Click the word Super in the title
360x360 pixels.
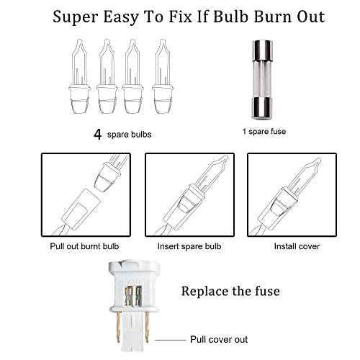coord(76,17)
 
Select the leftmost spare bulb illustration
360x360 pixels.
coord(79,76)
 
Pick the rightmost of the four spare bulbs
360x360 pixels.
coord(163,76)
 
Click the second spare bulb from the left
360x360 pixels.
coord(107,76)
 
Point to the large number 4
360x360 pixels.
coord(97,135)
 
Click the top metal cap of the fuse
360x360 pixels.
coord(262,50)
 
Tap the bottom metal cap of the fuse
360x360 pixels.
coord(262,109)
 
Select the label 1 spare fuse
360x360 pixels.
coord(264,132)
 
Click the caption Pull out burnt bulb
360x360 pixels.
coord(84,246)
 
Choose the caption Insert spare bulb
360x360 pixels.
coord(189,246)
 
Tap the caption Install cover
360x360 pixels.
coord(297,246)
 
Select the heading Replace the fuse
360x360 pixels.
coord(230,291)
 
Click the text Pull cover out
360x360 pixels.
coord(219,340)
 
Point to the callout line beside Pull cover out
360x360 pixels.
coord(171,340)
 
